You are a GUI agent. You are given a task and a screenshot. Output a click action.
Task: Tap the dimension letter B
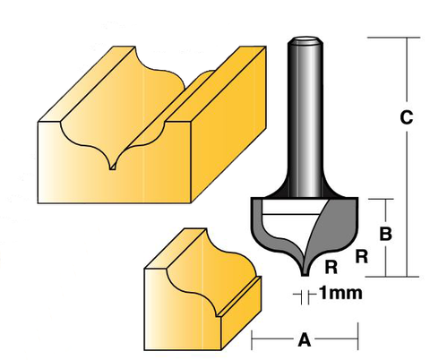[x=384, y=235]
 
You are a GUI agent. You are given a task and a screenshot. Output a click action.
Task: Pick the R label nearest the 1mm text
[x=331, y=266]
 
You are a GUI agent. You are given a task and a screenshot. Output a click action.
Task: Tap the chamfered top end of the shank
[x=305, y=41]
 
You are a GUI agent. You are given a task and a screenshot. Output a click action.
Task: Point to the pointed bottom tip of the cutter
[x=305, y=271]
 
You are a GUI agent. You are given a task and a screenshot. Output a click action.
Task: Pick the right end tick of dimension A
[x=357, y=339]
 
